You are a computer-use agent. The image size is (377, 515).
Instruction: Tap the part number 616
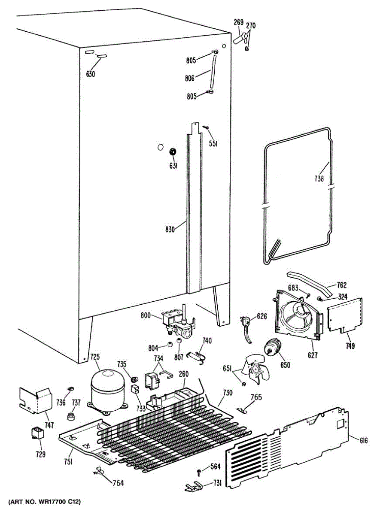point(364,440)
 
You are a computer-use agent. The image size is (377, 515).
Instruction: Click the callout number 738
point(318,179)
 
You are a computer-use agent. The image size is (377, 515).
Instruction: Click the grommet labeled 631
point(173,151)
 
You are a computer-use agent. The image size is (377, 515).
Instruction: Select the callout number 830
point(170,229)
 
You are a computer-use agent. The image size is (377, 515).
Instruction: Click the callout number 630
point(91,74)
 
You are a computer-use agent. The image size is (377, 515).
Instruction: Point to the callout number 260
point(183,374)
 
